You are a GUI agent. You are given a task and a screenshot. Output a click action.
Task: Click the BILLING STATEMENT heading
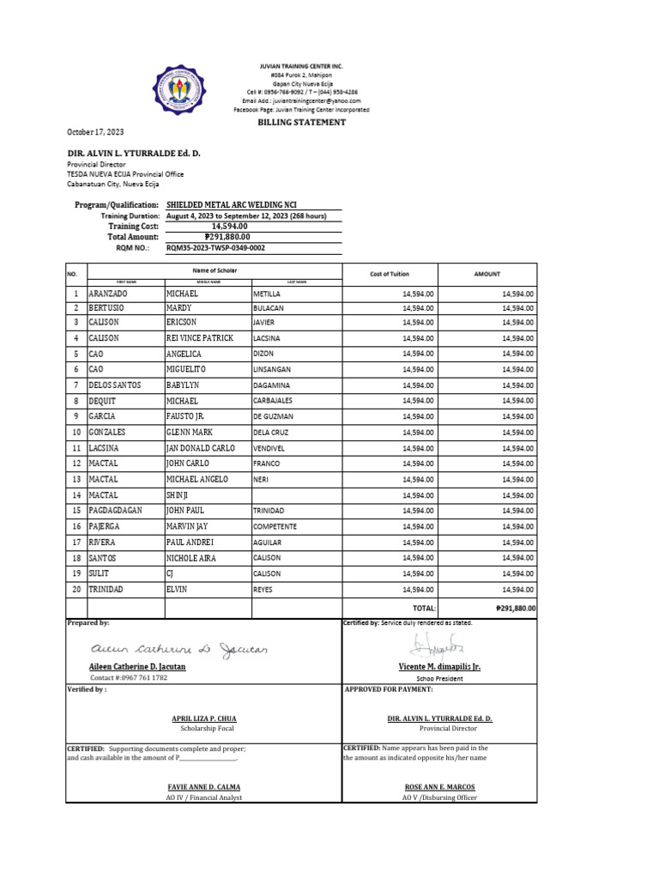point(302,123)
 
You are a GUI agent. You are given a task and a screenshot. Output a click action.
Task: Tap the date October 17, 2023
point(95,131)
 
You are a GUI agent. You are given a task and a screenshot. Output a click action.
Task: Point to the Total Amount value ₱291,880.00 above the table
point(227,237)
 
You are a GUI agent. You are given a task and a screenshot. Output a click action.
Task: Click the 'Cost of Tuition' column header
point(389,274)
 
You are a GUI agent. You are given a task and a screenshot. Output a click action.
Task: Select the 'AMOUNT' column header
point(487,274)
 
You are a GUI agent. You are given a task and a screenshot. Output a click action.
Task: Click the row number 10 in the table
point(76,433)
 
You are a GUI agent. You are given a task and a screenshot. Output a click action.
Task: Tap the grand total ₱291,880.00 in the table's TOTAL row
point(515,608)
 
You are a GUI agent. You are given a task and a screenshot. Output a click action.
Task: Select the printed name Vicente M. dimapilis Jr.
point(439,667)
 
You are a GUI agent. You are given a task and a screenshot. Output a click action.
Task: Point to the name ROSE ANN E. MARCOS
point(439,787)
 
